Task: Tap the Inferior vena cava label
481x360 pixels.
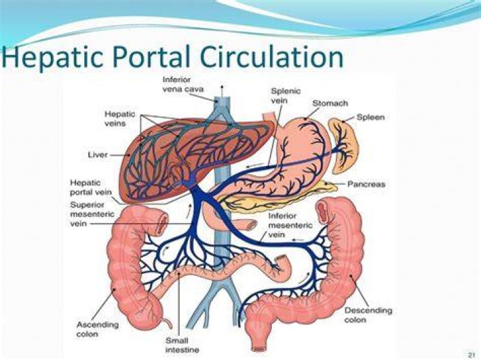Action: click(183, 84)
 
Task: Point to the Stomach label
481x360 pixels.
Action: click(330, 104)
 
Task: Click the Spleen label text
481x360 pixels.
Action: click(371, 117)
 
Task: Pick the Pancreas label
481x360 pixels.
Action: click(366, 184)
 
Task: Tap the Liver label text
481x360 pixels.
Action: click(98, 154)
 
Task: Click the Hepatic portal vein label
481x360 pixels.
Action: click(91, 188)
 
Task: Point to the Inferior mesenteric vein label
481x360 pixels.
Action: click(290, 225)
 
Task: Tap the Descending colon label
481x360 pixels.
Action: click(368, 315)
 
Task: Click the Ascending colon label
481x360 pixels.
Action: click(98, 329)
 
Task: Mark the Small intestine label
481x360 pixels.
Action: click(182, 345)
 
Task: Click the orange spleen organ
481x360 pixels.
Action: click(343, 145)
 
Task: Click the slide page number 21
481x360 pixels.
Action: click(471, 355)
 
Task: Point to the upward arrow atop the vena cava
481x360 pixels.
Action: click(222, 91)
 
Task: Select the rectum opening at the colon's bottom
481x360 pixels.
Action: click(259, 349)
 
